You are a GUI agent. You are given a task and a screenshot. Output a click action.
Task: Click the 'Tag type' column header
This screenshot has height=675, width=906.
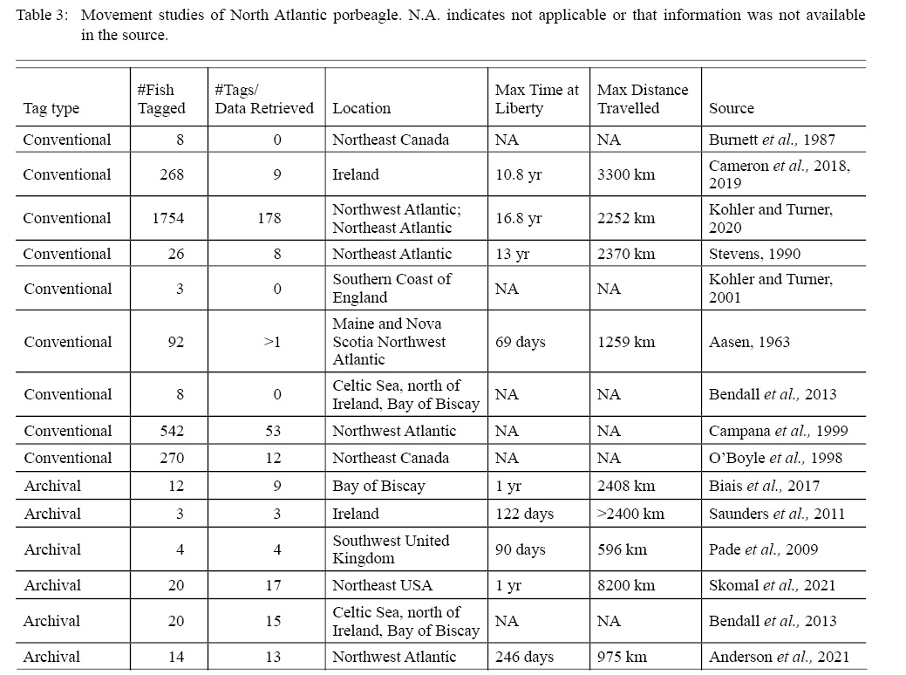(x=51, y=108)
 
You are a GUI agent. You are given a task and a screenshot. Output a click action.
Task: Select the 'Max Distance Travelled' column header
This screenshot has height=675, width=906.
(x=643, y=99)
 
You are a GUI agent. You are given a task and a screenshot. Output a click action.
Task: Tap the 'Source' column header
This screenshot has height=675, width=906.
(x=732, y=108)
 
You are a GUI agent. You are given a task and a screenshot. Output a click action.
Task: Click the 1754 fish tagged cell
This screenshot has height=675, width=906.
(x=168, y=218)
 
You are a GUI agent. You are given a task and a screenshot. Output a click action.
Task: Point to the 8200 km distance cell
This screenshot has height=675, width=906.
(x=626, y=585)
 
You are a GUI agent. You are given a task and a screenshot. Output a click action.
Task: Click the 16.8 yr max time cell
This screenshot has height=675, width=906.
(x=518, y=218)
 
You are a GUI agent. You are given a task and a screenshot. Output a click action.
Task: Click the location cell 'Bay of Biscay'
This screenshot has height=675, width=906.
(x=378, y=486)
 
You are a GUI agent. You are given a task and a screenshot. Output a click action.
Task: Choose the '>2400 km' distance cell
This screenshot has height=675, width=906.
(x=630, y=514)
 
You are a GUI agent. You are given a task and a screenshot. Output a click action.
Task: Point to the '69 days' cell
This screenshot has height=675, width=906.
(x=521, y=342)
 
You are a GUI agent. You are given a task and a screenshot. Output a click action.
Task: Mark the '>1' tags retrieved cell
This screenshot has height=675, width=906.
(x=272, y=342)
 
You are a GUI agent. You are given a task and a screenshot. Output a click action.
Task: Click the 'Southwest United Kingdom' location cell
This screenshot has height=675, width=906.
(x=391, y=549)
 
